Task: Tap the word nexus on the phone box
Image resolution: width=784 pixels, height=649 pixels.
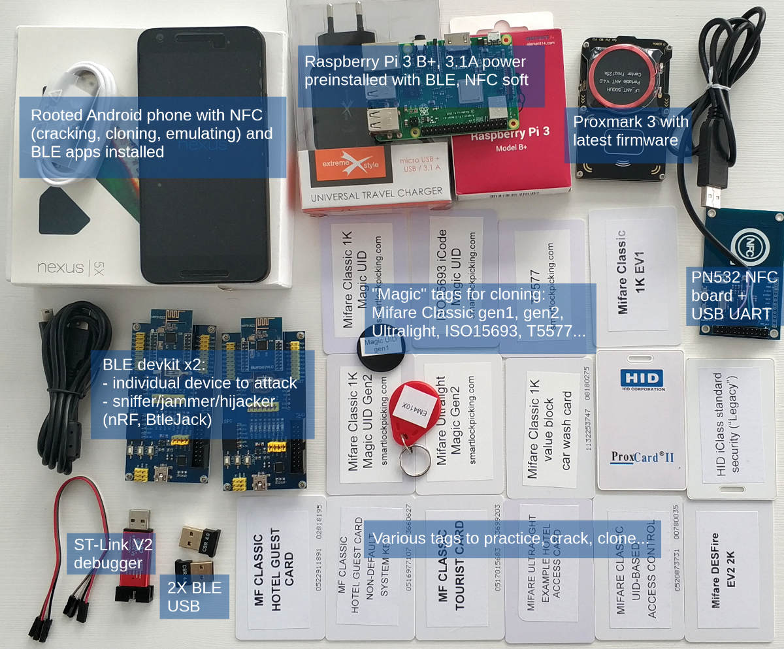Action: coord(60,267)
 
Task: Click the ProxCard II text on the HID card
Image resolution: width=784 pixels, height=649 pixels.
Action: coord(642,456)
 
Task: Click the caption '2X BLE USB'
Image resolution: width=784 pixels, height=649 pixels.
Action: coord(194,596)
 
